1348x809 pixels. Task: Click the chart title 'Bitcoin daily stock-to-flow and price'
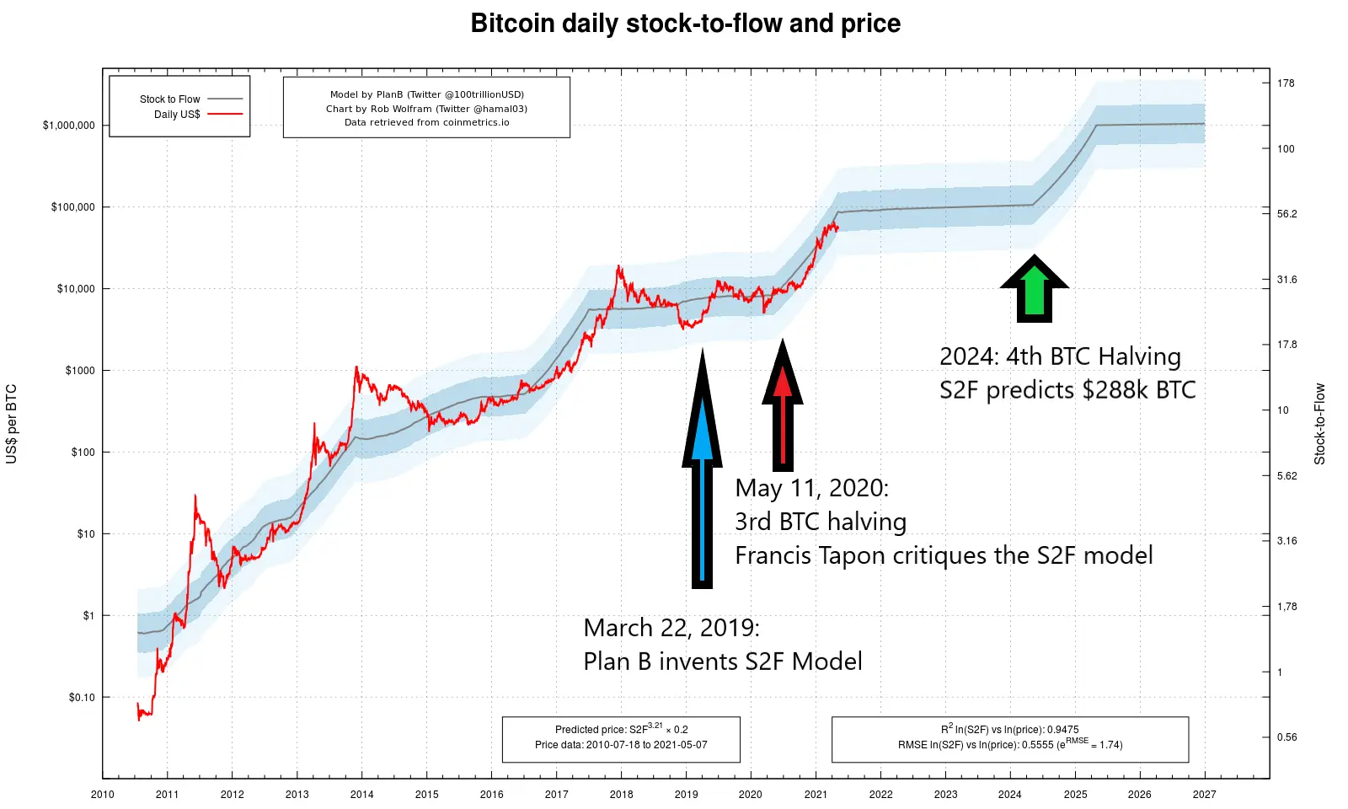[686, 24]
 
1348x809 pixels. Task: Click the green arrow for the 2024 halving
[1034, 288]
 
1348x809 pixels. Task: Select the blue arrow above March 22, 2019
[702, 469]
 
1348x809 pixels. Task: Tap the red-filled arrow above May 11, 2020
[783, 404]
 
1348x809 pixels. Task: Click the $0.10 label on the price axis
[82, 697]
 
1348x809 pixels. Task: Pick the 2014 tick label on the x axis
[361, 795]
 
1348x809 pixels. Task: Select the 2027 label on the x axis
[1205, 795]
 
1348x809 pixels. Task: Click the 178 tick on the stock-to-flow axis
[1286, 83]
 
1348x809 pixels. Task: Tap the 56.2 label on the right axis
[1286, 214]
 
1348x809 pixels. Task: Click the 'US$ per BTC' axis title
[12, 424]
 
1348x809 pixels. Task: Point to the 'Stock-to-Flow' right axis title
[1319, 424]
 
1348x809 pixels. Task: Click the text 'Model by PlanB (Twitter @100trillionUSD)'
[426, 94]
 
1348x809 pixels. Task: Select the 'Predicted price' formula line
[621, 729]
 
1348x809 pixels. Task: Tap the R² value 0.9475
[1062, 730]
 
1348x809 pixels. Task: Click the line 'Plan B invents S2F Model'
[723, 662]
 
